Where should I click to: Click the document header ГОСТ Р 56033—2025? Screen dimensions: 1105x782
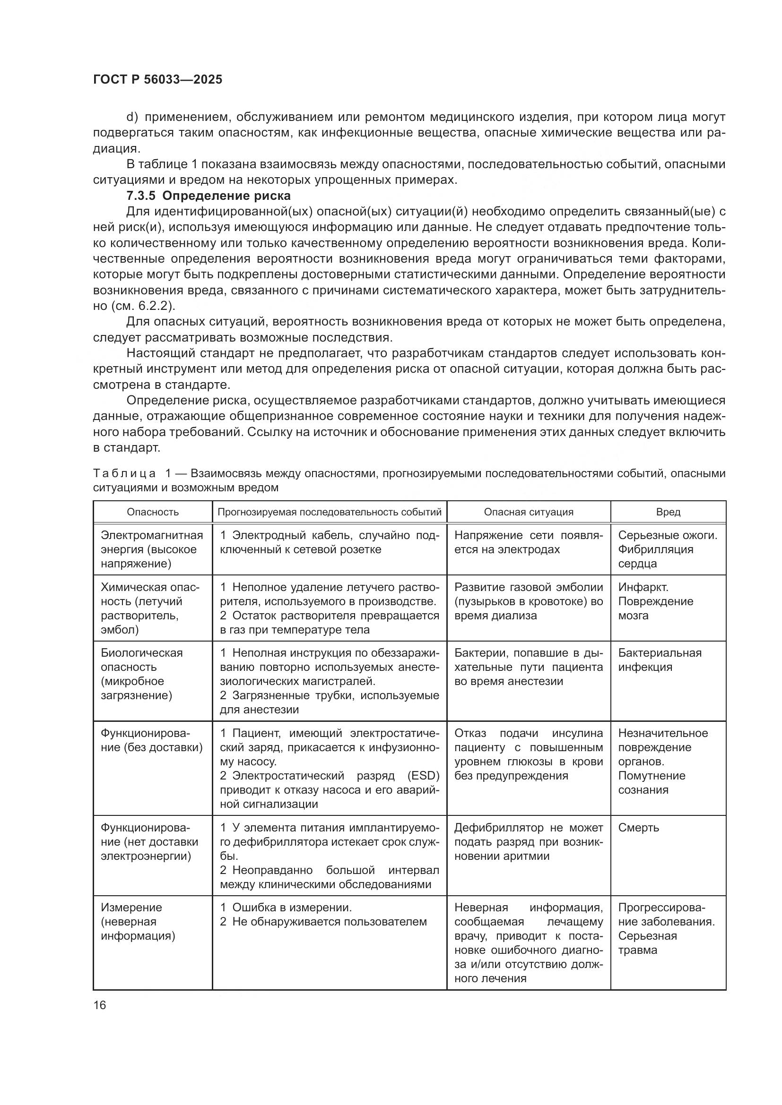coord(157,79)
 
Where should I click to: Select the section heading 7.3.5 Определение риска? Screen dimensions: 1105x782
coord(209,196)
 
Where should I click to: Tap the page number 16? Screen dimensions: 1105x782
coord(100,1005)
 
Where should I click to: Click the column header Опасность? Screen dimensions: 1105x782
coord(153,512)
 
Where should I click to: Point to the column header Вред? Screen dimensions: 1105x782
coord(668,512)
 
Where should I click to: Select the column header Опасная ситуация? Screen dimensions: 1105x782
coord(528,512)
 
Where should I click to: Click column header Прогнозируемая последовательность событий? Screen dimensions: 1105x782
coord(330,512)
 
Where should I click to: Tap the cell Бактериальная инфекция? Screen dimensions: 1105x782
coord(659,660)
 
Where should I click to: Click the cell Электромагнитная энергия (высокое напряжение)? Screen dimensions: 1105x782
coord(152,549)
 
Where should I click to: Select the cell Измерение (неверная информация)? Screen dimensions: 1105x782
coord(138,921)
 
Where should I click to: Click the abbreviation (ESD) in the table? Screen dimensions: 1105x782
coord(423,776)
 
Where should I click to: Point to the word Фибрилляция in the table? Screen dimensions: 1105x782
coord(655,549)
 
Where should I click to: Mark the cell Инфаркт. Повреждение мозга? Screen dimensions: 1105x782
coord(655,601)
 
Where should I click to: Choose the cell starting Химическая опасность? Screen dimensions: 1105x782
coord(149,608)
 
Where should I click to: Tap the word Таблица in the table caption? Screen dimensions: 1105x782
coord(124,473)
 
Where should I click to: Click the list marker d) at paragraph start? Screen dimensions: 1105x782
coord(132,117)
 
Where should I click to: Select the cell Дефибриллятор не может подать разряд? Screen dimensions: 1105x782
coord(528,842)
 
